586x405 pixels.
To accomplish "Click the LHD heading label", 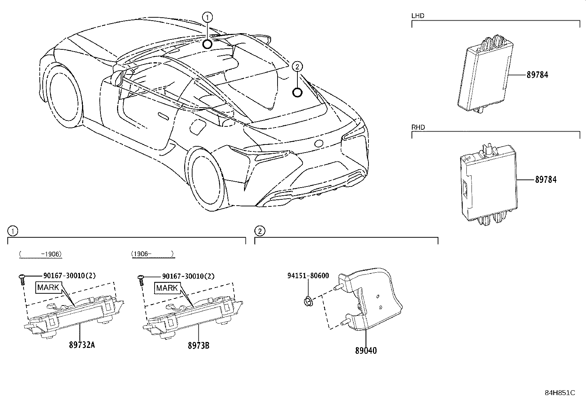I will pyautogui.click(x=417, y=16).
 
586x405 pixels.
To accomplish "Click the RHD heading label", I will pyautogui.click(x=418, y=127).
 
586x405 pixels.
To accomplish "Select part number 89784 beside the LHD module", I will pyautogui.click(x=537, y=75).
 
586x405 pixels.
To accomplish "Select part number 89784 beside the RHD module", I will pyautogui.click(x=546, y=180).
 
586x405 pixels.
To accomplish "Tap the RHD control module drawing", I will pyautogui.click(x=487, y=184).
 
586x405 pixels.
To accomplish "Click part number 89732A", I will pyautogui.click(x=82, y=345).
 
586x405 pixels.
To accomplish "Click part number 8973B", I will pyautogui.click(x=198, y=345).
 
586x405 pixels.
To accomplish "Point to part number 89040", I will pyautogui.click(x=366, y=350).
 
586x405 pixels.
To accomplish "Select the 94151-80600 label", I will pyautogui.click(x=308, y=276).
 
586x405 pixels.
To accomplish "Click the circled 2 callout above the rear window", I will pyautogui.click(x=297, y=67).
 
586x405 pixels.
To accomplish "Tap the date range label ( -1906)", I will pyautogui.click(x=40, y=254).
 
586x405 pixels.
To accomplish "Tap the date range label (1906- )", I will pyautogui.click(x=152, y=254).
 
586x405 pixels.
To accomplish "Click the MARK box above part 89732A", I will pyautogui.click(x=48, y=287).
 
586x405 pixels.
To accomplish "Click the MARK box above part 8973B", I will pyautogui.click(x=167, y=288).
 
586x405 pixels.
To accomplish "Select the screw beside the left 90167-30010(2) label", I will pyautogui.click(x=22, y=279).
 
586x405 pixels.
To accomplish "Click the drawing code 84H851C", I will pyautogui.click(x=559, y=393).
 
